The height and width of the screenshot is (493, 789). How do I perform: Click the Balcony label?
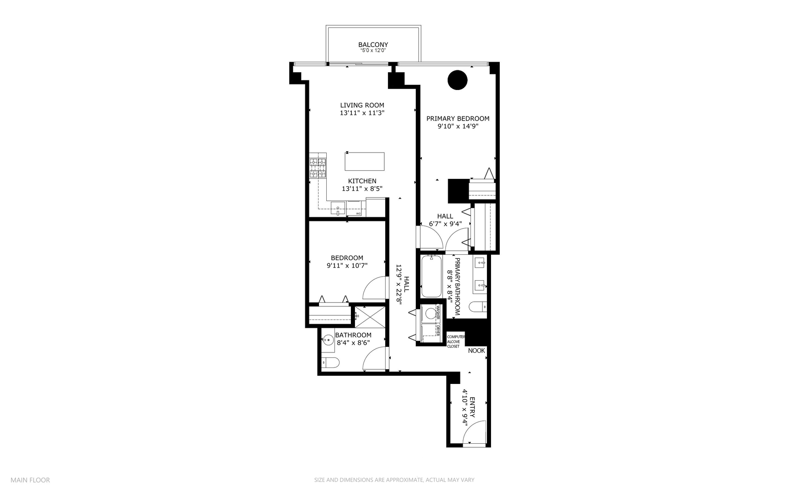point(373,45)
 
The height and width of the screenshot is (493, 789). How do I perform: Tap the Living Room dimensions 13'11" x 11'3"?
point(362,113)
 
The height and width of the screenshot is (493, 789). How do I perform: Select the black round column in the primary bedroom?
point(457,80)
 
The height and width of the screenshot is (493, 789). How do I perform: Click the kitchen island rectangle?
point(364,162)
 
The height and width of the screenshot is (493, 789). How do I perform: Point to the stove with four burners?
point(318,168)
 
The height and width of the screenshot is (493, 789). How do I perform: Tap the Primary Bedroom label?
point(458,119)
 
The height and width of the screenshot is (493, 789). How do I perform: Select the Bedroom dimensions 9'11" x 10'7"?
point(347,265)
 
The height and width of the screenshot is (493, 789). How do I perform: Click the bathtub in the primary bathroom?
point(431,277)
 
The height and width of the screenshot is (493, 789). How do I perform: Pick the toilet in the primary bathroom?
point(479,307)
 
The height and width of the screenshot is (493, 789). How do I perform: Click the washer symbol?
point(430,314)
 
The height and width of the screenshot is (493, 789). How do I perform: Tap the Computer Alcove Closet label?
point(456,341)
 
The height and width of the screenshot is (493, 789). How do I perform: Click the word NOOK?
point(476,351)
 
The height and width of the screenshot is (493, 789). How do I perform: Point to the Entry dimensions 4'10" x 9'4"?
point(465,407)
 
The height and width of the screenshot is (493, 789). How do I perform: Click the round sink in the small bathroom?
point(328,340)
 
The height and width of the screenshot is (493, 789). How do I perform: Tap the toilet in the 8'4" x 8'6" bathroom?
point(330,363)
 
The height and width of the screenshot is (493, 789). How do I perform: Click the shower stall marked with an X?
point(370,316)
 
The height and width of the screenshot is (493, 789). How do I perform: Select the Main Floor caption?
point(30,480)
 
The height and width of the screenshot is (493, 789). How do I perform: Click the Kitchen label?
point(362,181)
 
